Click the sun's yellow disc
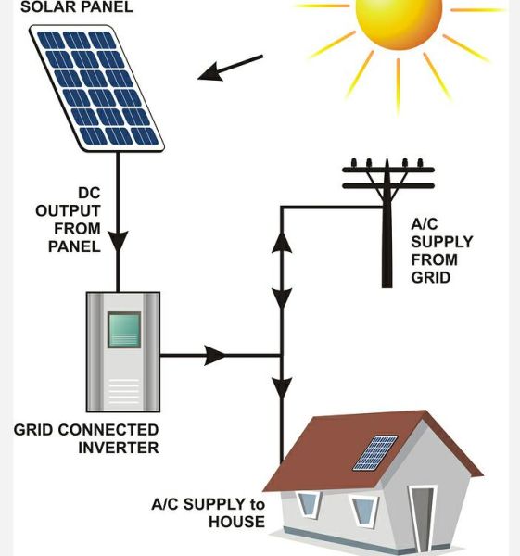[400, 18]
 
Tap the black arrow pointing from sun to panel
[230, 68]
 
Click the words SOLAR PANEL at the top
[77, 7]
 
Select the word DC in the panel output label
[89, 194]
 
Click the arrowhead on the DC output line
[118, 242]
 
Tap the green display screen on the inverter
[124, 330]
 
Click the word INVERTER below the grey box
[119, 448]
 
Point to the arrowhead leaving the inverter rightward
[215, 355]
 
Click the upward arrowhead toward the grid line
[282, 243]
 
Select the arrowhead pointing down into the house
[282, 388]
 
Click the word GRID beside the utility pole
[431, 278]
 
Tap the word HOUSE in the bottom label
[236, 522]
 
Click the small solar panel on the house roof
[375, 453]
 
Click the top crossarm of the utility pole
[388, 170]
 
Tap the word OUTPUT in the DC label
[68, 211]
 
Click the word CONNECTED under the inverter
[108, 430]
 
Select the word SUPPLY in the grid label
[442, 242]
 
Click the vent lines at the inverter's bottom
[123, 391]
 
